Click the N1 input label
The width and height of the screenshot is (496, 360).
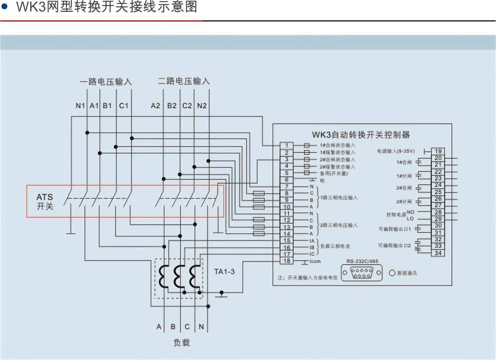coord(80,106)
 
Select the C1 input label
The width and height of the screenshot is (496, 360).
coord(124,106)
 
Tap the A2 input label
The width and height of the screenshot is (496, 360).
coord(155,106)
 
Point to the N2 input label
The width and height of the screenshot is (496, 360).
coord(202,106)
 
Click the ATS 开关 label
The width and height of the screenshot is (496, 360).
coord(45,201)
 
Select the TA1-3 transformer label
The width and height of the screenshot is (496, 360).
coord(224,271)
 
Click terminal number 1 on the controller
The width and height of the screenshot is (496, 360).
coord(287,145)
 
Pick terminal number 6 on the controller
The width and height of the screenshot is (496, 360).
coord(287,180)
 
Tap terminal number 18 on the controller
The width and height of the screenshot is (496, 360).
coord(287,261)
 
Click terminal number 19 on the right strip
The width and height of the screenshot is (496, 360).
coord(438,151)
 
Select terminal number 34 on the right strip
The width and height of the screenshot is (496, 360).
coord(438,253)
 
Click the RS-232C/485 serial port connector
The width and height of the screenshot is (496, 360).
coord(362,273)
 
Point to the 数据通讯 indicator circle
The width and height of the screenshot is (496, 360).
coord(392,273)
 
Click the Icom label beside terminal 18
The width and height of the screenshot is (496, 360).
coord(315,261)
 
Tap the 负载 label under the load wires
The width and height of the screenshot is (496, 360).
coord(182,343)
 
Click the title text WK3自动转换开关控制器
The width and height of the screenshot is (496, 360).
coord(361,134)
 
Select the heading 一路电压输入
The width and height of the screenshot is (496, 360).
coord(106,82)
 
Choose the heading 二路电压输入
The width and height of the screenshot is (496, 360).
coord(184,81)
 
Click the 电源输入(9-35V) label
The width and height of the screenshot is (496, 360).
coord(396,151)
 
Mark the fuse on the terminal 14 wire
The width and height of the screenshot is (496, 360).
coord(259,234)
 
